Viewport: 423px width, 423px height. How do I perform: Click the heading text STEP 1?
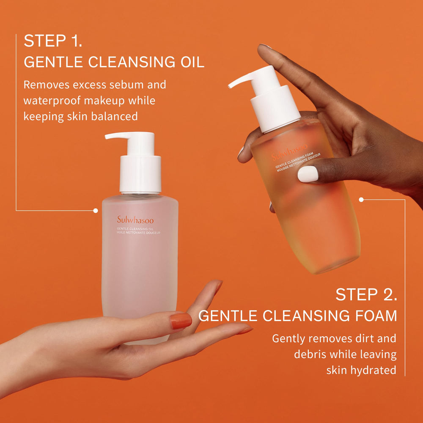(52, 41)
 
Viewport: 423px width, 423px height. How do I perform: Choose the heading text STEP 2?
(366, 295)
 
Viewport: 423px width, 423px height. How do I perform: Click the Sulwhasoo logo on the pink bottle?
(135, 220)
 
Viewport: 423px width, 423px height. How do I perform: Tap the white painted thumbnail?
(308, 174)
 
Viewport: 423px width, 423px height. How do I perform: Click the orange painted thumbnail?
(181, 321)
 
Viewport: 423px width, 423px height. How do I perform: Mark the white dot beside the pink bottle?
(96, 210)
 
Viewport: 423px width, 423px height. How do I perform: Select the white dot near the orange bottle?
(361, 199)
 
